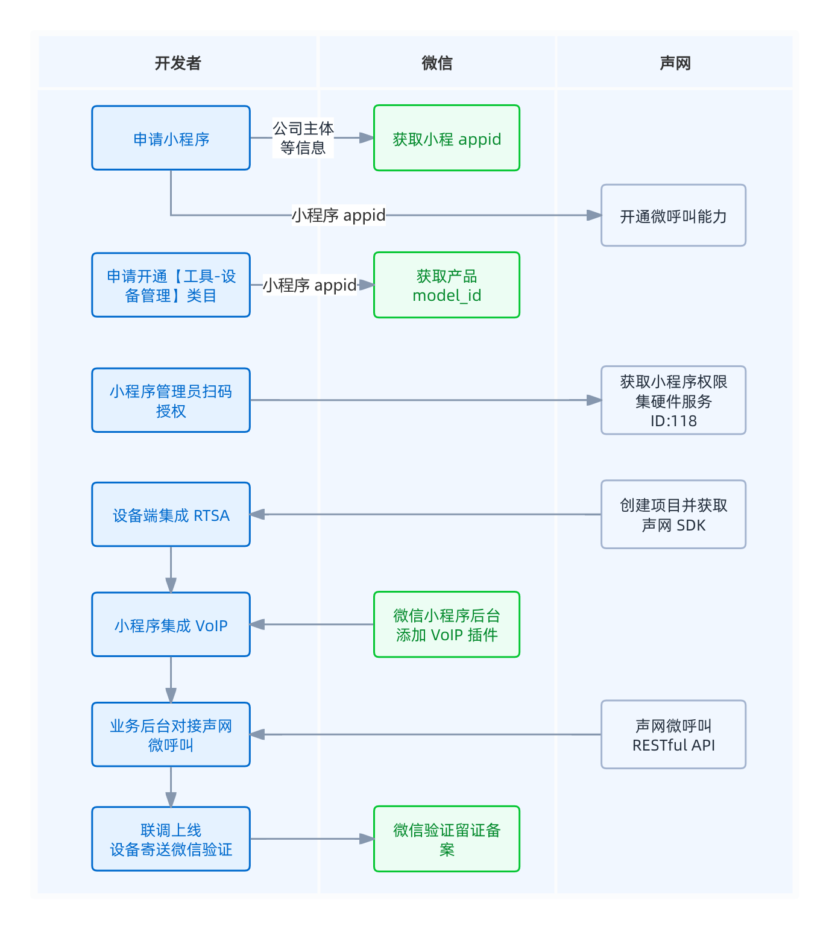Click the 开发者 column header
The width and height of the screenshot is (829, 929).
tap(177, 63)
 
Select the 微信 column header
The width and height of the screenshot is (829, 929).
tap(437, 63)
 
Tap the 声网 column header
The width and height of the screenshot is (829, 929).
tap(675, 63)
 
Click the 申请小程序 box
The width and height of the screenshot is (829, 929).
tap(171, 138)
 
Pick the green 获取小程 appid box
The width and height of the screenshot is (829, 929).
tap(446, 138)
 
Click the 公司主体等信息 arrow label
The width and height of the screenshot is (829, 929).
tap(303, 138)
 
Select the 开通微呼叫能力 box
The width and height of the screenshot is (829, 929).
tap(673, 215)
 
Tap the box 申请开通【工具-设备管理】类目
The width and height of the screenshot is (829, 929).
tap(171, 285)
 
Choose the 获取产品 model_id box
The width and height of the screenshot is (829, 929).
tap(446, 285)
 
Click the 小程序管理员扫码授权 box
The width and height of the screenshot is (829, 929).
tap(171, 400)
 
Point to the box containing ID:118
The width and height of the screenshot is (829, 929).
tap(673, 400)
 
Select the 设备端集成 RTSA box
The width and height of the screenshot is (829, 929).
tap(171, 515)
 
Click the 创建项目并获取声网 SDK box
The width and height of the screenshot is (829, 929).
tap(673, 514)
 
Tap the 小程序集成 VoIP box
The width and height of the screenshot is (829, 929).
tap(171, 625)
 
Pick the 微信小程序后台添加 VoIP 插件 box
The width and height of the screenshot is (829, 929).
tap(446, 625)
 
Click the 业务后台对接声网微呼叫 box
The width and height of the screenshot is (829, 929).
tap(171, 735)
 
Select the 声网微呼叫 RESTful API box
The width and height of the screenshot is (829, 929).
tap(673, 734)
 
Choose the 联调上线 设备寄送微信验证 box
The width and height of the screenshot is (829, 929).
tap(171, 839)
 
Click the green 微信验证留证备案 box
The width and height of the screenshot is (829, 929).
tap(446, 839)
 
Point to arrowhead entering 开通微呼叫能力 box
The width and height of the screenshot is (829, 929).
tap(594, 215)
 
